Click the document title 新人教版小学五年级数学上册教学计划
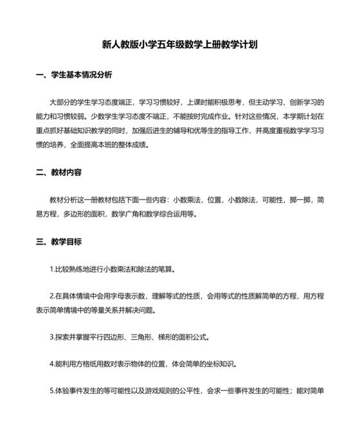pyautogui.click(x=179, y=46)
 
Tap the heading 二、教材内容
pyautogui.click(x=59, y=173)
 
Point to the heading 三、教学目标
pyautogui.click(x=59, y=243)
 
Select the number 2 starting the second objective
pyautogui.click(x=51, y=297)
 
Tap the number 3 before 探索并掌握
pyautogui.click(x=51, y=337)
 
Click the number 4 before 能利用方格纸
pyautogui.click(x=51, y=364)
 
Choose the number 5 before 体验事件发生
pyautogui.click(x=51, y=391)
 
